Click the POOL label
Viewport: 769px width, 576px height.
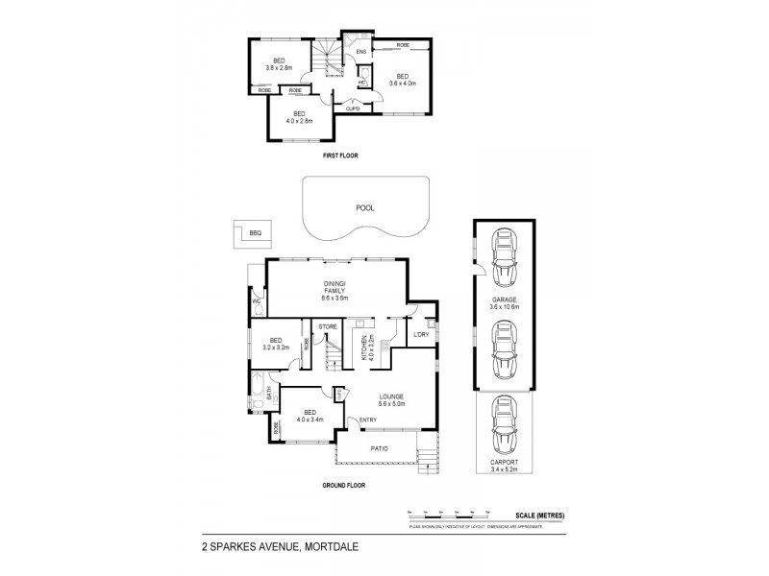tap(364, 206)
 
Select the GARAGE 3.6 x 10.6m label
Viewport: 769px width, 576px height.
tap(504, 303)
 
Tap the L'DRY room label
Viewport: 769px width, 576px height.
tap(420, 334)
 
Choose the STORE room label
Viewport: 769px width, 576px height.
tap(327, 327)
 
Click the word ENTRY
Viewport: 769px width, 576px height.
tap(368, 420)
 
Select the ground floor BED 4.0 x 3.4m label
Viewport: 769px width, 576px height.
tap(310, 416)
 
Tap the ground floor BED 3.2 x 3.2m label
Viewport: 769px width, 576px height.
tap(276, 344)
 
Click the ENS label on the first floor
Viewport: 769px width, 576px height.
tap(361, 51)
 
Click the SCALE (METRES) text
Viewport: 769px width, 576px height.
tap(537, 516)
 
